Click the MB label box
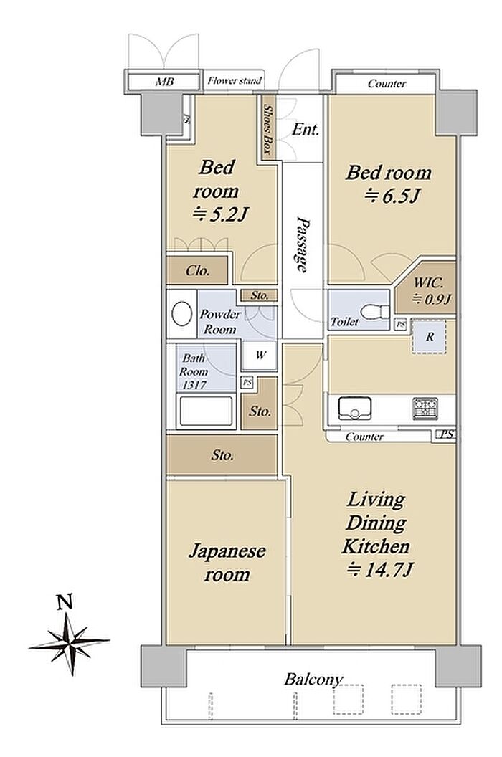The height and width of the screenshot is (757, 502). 163,80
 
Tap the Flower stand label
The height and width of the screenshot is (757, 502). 235,80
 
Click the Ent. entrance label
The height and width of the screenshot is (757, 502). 306,129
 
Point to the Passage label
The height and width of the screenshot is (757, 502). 303,244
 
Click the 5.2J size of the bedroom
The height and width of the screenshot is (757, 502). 220,214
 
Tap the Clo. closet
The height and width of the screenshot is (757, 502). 197,270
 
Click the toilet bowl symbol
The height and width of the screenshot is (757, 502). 376,311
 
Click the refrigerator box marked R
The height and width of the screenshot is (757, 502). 429,337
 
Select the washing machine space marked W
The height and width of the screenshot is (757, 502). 260,356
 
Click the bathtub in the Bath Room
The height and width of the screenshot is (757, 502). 206,411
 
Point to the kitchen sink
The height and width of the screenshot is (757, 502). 355,409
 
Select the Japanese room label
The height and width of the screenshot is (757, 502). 227,563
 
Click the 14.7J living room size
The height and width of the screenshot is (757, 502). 379,570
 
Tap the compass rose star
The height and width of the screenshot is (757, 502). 69,644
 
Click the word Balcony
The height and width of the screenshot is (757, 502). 313,680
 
